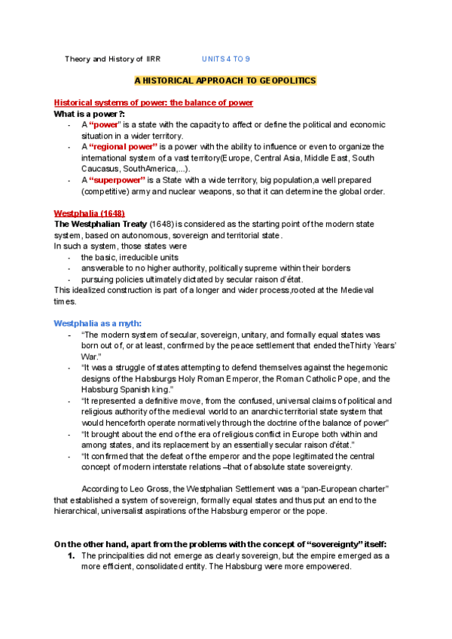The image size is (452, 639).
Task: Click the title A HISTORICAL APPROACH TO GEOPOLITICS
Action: click(x=225, y=80)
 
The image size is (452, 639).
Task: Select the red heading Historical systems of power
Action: click(x=153, y=102)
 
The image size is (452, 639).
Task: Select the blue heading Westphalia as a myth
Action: click(x=97, y=323)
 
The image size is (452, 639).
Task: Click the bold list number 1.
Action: click(x=71, y=555)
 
